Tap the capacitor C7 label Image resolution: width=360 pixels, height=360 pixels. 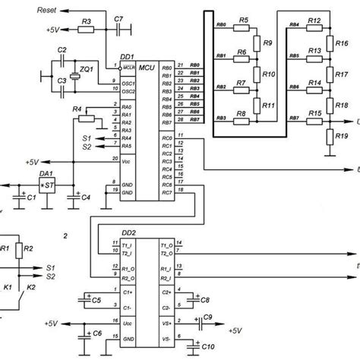117,17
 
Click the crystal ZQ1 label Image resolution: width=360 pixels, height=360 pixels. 87,69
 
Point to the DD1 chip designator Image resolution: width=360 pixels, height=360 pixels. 127,57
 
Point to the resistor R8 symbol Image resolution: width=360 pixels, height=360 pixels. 242,119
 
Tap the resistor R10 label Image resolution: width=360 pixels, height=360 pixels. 267,74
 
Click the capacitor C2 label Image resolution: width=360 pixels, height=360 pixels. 62,49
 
